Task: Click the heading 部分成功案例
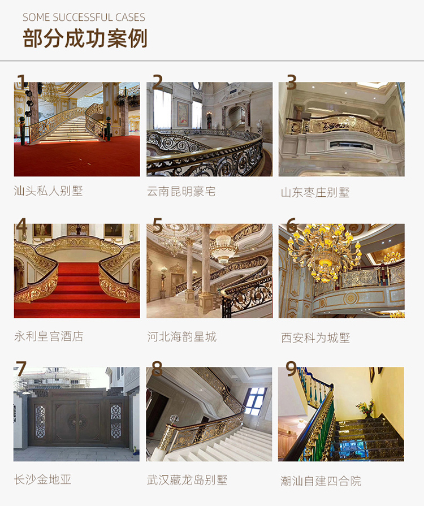point(85,38)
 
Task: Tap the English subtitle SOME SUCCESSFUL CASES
point(84,18)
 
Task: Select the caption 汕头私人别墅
point(49,191)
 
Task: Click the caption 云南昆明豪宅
point(181,191)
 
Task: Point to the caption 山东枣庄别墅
point(315,192)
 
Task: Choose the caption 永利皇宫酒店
point(49,336)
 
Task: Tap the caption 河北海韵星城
point(182,337)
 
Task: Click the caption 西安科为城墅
point(315,338)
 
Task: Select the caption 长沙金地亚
point(42,479)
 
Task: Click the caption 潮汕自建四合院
point(321,481)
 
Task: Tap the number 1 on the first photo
point(21,81)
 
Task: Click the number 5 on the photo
point(158,225)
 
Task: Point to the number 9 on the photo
point(291,369)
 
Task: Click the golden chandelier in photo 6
point(323,252)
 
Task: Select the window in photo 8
point(256,401)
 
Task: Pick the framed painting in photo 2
point(183,114)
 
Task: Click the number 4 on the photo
point(21,224)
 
